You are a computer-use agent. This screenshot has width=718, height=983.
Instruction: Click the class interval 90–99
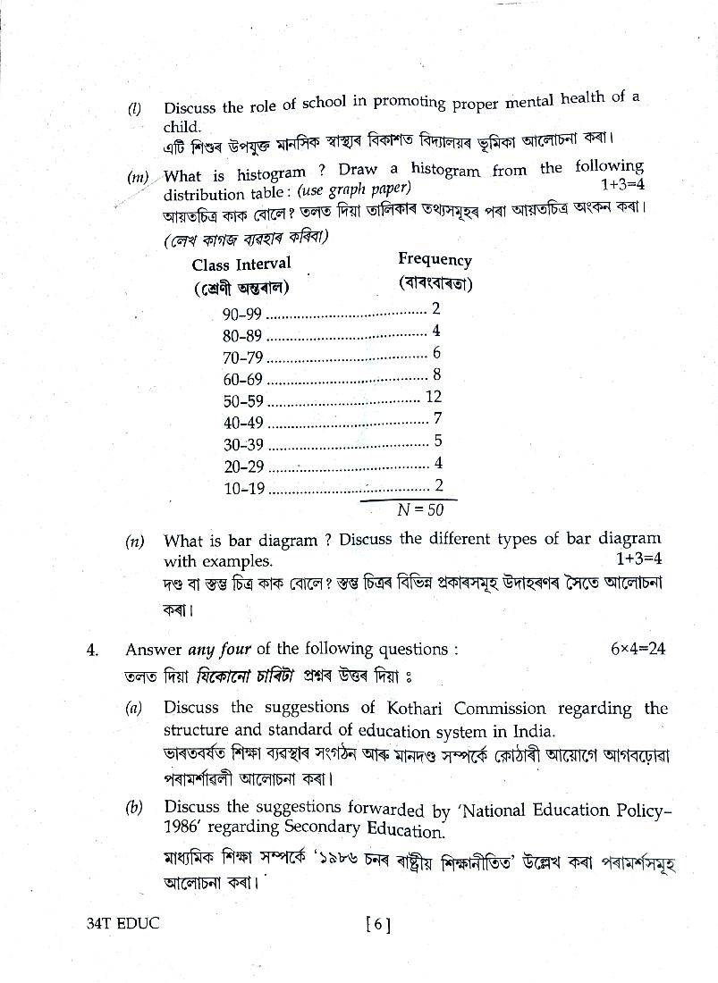point(242,314)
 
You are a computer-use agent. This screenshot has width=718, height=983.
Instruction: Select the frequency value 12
point(434,397)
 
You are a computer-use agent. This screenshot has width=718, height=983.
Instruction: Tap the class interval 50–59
point(243,401)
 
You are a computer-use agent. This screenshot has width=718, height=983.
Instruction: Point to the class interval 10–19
point(244,488)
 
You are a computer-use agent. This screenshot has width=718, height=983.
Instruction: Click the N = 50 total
point(420,509)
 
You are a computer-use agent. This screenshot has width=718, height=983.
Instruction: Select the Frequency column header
point(435,260)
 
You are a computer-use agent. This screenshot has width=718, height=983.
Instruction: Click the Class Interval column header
point(241,264)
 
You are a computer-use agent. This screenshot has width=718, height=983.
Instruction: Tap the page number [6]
point(378,925)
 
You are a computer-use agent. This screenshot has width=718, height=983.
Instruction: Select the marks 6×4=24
point(638,649)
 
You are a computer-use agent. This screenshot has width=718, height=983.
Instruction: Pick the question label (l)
point(134,109)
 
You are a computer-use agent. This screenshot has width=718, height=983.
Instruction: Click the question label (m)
point(138,176)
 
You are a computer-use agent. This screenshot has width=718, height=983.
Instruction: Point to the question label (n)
point(135,541)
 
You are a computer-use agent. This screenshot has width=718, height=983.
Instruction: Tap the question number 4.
point(92,651)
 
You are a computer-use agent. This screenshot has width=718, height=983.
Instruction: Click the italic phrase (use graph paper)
point(354,189)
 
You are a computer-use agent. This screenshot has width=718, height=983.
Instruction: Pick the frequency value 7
point(436,418)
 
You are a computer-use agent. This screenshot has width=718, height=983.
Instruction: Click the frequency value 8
point(436,374)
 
